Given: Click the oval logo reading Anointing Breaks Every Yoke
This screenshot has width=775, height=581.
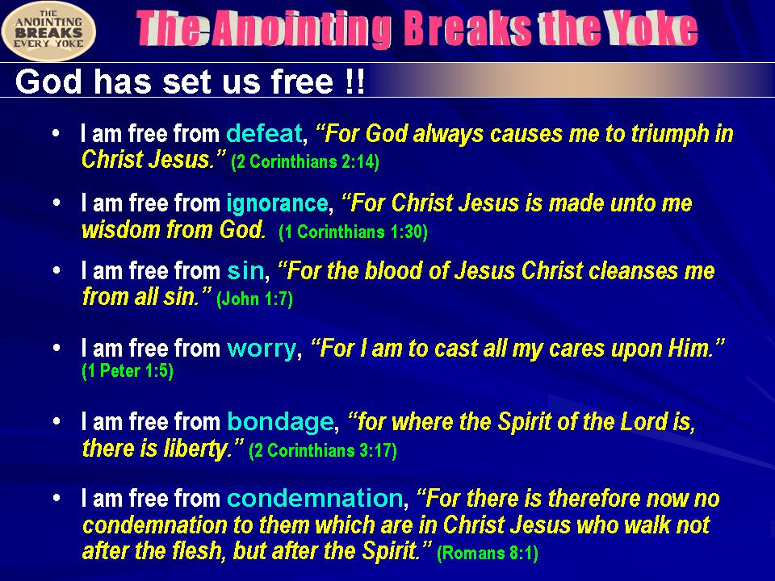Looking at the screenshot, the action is click(x=48, y=31).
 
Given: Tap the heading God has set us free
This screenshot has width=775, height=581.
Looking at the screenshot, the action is click(x=191, y=81).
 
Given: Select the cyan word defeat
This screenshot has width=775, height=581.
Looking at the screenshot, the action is click(x=264, y=133).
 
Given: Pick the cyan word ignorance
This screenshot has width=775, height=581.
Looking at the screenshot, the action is click(x=277, y=204).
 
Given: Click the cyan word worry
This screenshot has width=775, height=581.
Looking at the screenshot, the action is click(x=262, y=349).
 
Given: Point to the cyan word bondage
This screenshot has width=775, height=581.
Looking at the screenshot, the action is click(x=280, y=422).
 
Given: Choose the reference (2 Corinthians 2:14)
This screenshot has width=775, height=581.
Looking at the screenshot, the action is click(x=305, y=161).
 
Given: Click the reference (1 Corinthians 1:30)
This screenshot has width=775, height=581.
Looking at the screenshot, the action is click(x=353, y=232).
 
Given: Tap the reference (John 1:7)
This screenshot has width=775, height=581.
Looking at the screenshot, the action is click(x=254, y=299).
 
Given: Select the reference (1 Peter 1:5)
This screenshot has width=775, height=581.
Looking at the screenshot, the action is click(x=128, y=370).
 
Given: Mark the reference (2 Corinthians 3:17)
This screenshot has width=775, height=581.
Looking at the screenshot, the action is click(x=323, y=450).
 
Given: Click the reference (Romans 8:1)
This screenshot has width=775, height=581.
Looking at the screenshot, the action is click(x=488, y=553).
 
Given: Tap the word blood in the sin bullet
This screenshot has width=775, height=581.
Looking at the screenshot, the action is click(x=387, y=271).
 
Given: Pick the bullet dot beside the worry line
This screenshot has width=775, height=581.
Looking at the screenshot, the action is click(x=57, y=348).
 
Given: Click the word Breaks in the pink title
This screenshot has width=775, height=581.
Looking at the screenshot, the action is click(x=467, y=30).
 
